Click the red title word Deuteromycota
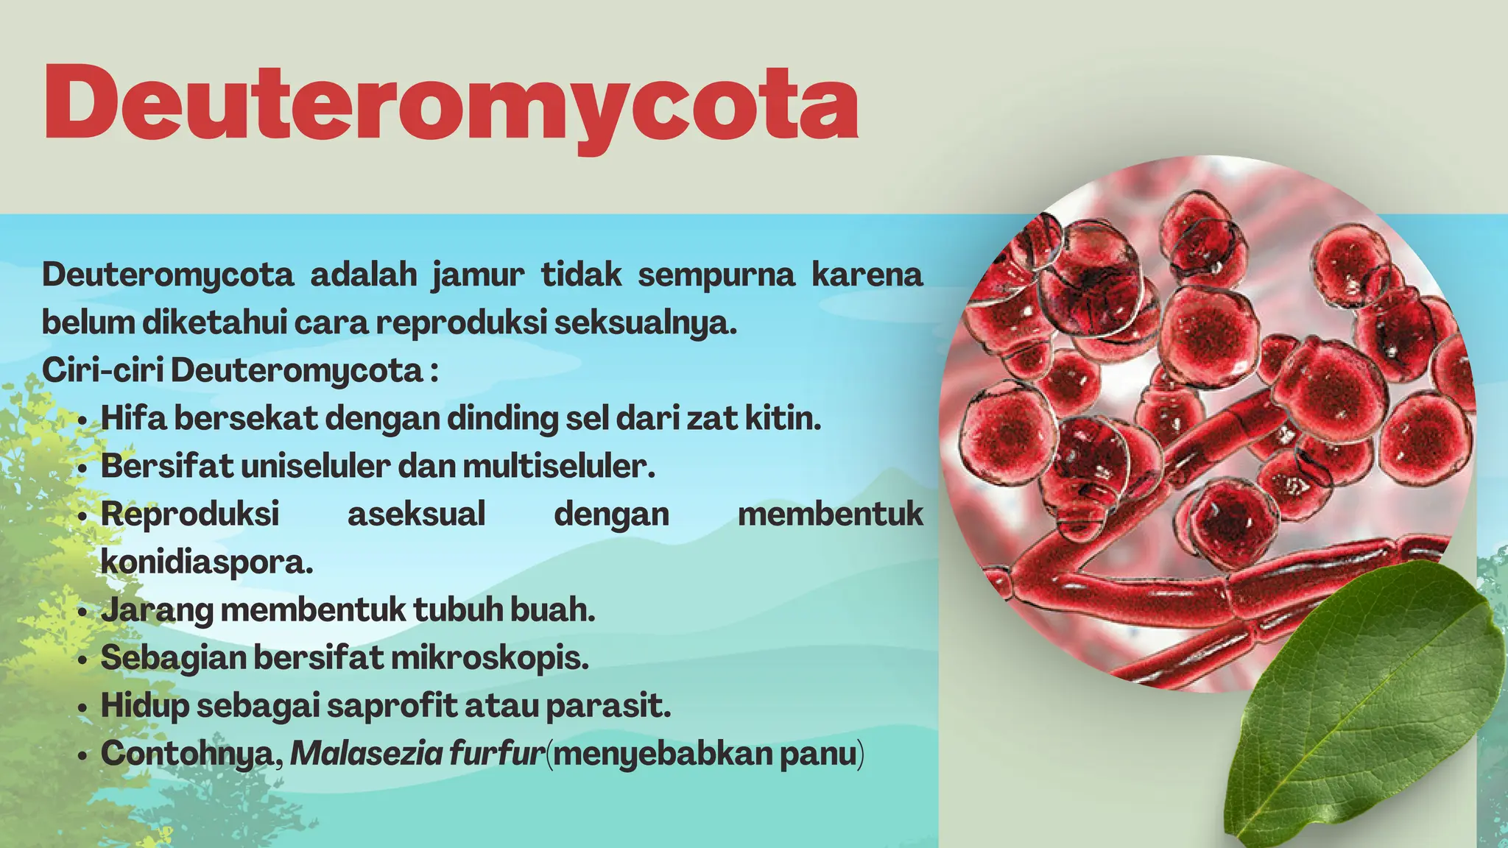tap(451, 103)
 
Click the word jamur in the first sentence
tap(478, 275)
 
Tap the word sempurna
tap(716, 275)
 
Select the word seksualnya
tap(645, 323)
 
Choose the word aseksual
tap(416, 514)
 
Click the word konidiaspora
tap(207, 562)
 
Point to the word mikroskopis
tap(490, 657)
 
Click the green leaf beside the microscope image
tap(1362, 699)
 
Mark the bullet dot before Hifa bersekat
tap(85, 421)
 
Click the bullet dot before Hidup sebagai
tap(85, 708)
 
